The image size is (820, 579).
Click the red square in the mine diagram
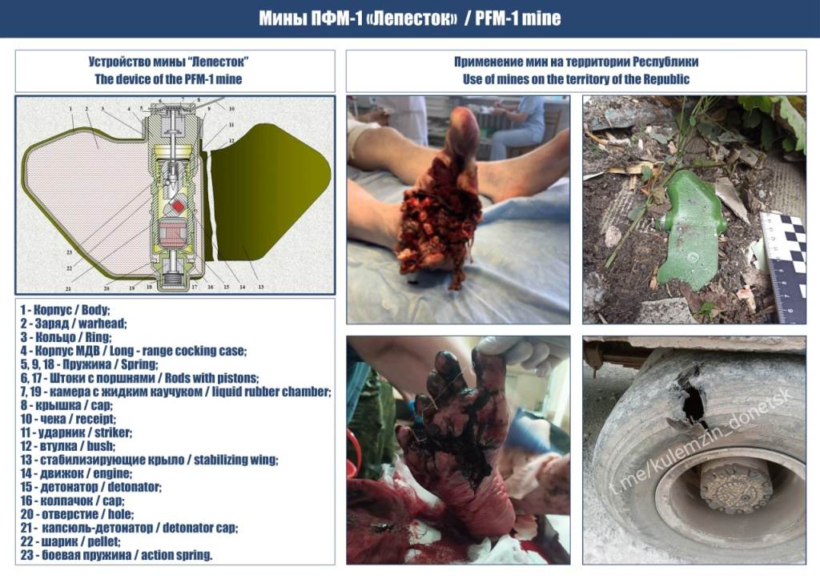click(x=179, y=207)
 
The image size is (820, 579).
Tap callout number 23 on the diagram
click(x=69, y=252)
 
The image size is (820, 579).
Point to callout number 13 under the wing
click(x=260, y=287)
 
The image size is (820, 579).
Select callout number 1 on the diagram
click(x=70, y=110)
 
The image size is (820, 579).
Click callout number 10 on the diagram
click(x=231, y=109)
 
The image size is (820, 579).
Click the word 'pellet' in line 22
click(x=104, y=541)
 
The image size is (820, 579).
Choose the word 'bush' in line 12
click(x=101, y=446)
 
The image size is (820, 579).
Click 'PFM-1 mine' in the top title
click(x=518, y=19)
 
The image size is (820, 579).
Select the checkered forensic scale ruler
click(x=783, y=266)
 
